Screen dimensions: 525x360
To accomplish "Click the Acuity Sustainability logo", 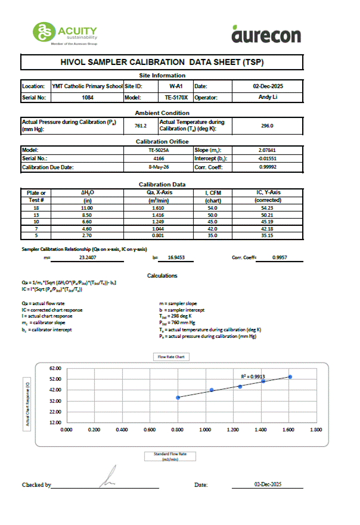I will click(x=66, y=33).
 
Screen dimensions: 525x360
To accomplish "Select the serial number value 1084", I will click(x=88, y=97).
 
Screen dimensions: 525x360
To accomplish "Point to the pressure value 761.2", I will click(x=141, y=126).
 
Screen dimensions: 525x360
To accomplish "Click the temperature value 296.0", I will click(x=268, y=126).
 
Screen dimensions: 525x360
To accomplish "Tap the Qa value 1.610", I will click(x=158, y=207).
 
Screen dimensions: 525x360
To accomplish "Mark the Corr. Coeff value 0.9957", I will click(x=280, y=259).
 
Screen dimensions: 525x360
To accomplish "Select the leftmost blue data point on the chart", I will click(x=178, y=397).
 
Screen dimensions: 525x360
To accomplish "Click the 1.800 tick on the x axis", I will click(x=315, y=429).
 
